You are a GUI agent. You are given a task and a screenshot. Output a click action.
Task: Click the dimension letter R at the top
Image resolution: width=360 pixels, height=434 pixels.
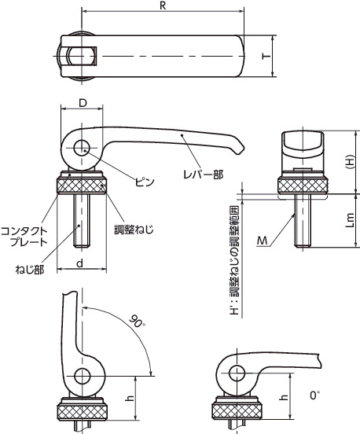coord(163,6)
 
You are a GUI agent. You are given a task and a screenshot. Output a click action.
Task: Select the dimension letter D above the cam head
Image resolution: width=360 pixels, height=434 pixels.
coord(81,103)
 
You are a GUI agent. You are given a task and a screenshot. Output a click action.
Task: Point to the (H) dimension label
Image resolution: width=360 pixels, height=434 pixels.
coord(350,160)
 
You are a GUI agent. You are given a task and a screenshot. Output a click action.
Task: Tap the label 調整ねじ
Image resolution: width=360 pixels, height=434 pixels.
coord(133,230)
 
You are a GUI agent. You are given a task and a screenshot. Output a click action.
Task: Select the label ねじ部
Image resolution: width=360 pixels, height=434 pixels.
coord(28,269)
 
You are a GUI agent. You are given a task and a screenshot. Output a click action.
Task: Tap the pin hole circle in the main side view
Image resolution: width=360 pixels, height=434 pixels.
coord(81,149)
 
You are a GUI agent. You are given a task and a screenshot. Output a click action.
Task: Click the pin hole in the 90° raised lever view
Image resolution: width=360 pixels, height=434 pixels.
coord(80,375)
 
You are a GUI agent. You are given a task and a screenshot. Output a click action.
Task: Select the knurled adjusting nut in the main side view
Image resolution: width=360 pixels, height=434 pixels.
coord(81,189)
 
